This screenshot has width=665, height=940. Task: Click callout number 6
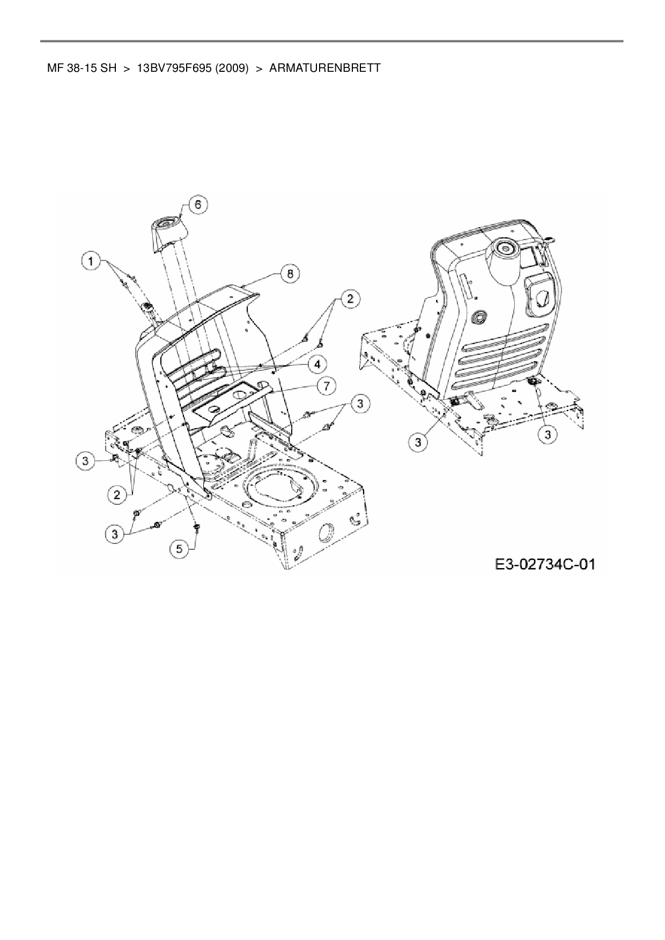(198, 205)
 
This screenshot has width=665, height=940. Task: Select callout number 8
(290, 273)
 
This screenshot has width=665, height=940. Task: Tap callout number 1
(91, 262)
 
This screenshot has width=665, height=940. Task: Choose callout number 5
(179, 548)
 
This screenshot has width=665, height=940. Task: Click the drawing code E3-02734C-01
(545, 564)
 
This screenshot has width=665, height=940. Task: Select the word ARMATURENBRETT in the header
(325, 68)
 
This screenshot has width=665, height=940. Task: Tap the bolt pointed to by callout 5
(197, 528)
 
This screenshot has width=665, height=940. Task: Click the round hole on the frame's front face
(326, 532)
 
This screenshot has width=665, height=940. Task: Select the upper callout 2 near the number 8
(350, 299)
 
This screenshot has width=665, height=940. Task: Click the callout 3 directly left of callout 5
(114, 534)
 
